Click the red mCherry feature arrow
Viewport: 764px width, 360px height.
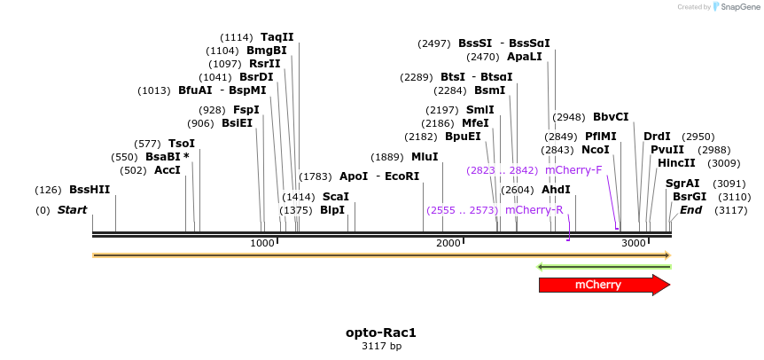point(598,285)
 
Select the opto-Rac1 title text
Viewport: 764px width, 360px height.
point(381,333)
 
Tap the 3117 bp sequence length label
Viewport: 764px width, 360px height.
point(381,347)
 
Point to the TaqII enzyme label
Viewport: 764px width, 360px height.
point(277,37)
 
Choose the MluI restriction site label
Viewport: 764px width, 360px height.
point(425,156)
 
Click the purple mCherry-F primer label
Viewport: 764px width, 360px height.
point(573,169)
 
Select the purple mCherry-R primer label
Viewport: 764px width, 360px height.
point(534,210)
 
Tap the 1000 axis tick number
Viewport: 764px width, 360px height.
point(262,243)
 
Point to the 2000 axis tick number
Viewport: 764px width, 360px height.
point(448,243)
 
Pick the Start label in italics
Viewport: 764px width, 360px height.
point(73,210)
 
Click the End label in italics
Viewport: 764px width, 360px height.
point(691,210)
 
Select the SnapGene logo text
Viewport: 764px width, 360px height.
point(737,6)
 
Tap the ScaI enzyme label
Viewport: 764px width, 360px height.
point(335,196)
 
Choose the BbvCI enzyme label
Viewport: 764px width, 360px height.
point(611,116)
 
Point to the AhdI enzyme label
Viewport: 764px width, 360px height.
point(556,190)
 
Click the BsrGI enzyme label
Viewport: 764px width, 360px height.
point(690,196)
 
